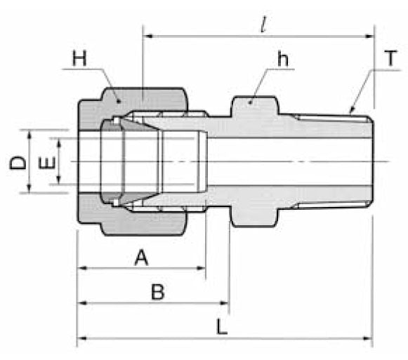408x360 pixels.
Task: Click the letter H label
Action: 79,59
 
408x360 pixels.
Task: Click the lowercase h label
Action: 282,60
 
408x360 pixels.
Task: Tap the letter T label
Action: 389,59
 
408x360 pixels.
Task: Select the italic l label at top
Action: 262,25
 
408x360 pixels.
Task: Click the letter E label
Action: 47,164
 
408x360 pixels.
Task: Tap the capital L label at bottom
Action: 221,328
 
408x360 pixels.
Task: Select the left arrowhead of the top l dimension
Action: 147,34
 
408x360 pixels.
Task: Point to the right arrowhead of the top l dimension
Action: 370,34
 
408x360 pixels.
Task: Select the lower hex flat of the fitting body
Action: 254,223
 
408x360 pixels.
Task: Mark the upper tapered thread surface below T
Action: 330,117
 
